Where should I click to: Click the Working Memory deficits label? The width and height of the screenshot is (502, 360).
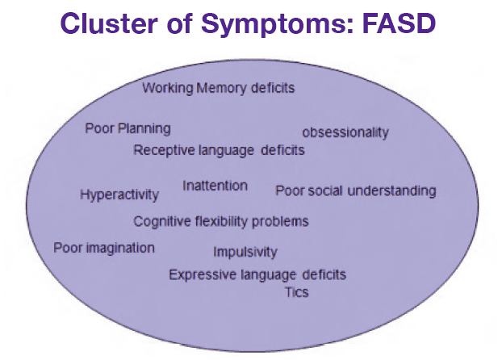[218, 87]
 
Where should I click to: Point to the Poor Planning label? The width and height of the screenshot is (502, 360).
[128, 128]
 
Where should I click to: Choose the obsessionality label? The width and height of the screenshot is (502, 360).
[345, 132]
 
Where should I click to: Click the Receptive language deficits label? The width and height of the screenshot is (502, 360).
[219, 150]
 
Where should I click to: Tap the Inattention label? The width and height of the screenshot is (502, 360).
[215, 186]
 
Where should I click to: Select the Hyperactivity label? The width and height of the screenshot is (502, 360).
[119, 195]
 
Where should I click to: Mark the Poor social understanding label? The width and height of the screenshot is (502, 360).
[355, 191]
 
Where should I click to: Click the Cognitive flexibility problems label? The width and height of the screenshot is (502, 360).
[220, 221]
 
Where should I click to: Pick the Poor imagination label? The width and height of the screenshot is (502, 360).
[103, 248]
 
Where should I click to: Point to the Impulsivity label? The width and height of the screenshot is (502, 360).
[245, 252]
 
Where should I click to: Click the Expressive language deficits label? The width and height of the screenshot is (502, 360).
[257, 275]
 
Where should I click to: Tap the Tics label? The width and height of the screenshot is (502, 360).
[296, 292]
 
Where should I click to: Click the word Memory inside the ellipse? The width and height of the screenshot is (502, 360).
[221, 87]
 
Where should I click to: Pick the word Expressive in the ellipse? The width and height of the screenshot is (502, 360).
[201, 275]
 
